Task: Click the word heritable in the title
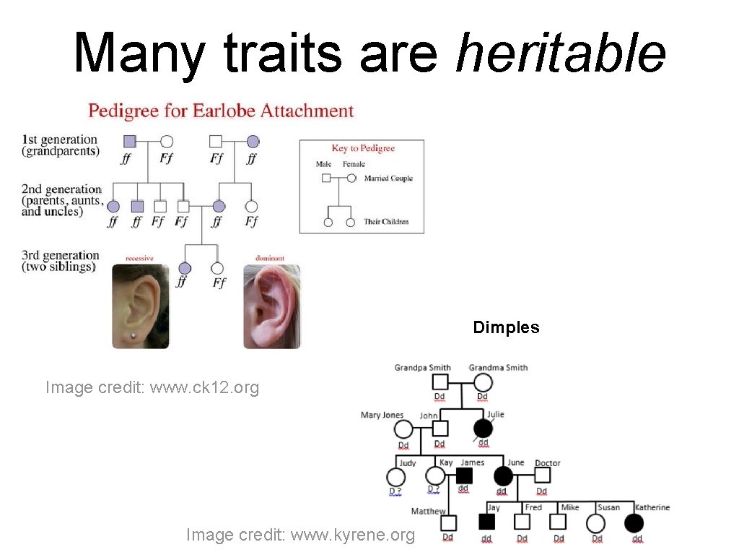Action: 560,53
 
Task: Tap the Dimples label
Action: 506,327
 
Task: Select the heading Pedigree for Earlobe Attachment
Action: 221,111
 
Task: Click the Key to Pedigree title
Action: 363,148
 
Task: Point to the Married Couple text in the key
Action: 388,178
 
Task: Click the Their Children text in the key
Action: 386,222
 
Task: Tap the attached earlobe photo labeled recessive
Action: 140,306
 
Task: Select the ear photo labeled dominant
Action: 271,306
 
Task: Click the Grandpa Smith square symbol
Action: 441,382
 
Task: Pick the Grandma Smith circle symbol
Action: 483,382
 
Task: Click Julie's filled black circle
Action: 483,429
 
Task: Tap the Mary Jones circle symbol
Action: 403,429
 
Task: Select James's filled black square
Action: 465,476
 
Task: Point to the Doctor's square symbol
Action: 542,476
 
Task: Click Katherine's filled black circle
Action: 634,522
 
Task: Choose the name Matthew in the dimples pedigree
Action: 429,512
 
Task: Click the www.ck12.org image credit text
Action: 152,387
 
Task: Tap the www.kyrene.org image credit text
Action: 300,535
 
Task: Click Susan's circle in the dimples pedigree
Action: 595,522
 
